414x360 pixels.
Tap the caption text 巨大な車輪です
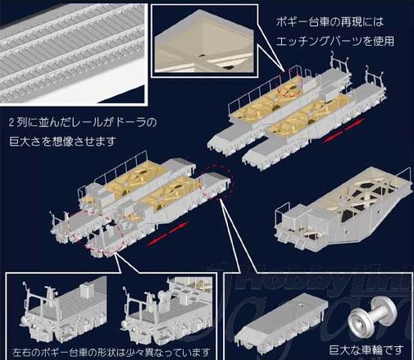[366, 349]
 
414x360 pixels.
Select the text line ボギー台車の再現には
[330, 22]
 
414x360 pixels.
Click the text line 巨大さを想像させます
[62, 142]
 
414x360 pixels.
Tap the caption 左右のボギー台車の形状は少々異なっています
[111, 353]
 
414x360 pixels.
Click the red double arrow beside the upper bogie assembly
[343, 130]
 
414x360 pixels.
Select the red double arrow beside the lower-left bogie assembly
[167, 234]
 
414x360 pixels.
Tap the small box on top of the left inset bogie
[86, 289]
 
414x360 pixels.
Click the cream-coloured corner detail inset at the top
[204, 41]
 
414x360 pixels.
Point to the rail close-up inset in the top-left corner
[73, 53]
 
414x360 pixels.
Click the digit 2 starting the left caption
[11, 123]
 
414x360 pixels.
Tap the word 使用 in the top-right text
[384, 41]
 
